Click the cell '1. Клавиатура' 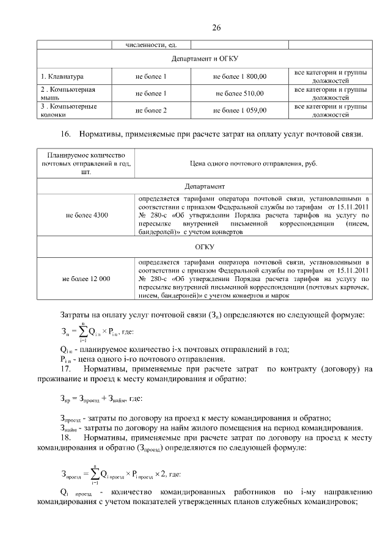[62, 77]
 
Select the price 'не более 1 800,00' [239, 77]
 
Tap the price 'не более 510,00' [239, 93]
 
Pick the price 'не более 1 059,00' [239, 111]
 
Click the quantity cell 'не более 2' [151, 111]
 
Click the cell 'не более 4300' [86, 215]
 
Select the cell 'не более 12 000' [86, 279]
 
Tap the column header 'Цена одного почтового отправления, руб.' [253, 164]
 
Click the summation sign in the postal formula [82, 333]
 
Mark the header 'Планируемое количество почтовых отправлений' [86, 164]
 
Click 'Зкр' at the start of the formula [65, 399]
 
